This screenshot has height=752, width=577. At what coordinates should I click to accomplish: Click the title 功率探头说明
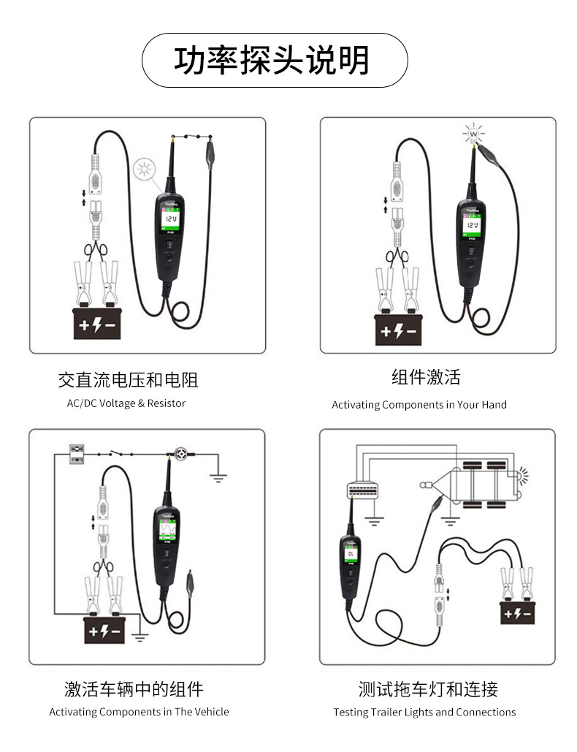(x=272, y=61)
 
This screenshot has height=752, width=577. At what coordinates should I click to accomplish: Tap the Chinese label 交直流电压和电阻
(x=128, y=380)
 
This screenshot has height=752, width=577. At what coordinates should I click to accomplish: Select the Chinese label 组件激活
(x=426, y=378)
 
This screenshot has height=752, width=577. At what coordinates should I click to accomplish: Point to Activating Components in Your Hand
(x=419, y=405)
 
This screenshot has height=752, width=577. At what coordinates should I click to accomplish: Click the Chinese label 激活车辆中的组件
(x=134, y=688)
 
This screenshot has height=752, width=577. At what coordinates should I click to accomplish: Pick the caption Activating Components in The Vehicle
(x=139, y=712)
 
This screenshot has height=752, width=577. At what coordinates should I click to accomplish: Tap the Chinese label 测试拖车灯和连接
(x=428, y=688)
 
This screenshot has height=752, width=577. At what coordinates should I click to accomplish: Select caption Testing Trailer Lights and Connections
(x=424, y=712)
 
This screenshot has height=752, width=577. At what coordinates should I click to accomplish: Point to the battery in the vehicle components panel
(x=107, y=630)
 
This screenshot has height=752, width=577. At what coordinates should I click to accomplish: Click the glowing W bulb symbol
(x=474, y=134)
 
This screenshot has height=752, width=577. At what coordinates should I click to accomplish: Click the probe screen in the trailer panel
(x=351, y=555)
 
